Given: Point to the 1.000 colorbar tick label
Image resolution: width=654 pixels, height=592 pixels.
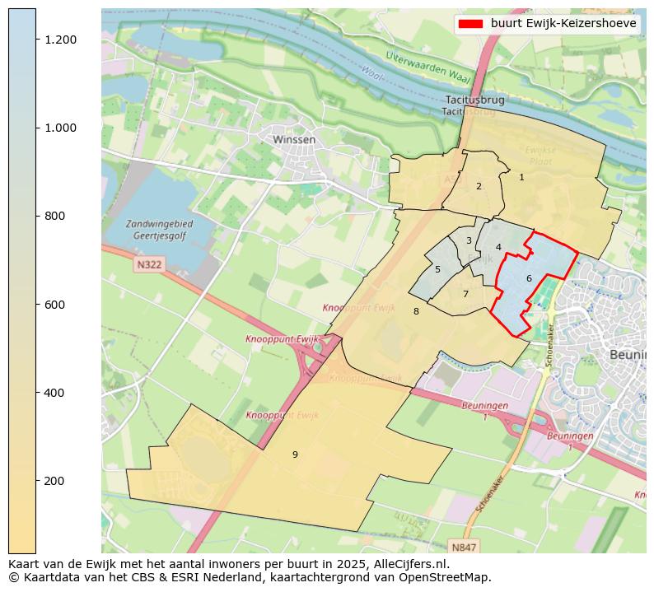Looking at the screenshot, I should pos(60,128).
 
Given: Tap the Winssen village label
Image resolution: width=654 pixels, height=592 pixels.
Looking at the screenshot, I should pos(294,140).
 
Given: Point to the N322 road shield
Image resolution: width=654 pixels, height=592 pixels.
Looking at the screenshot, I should pos(149,265).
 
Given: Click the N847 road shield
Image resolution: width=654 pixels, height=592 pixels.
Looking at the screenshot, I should pos(464,547).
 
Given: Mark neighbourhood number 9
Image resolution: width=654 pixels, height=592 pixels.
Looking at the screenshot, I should pos(295,454).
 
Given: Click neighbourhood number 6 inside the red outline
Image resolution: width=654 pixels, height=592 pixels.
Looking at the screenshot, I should pos(529,278).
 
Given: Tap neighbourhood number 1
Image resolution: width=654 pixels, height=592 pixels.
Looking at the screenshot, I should pos(521,177).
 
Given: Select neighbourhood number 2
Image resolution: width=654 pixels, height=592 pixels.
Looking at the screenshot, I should pos(479,186).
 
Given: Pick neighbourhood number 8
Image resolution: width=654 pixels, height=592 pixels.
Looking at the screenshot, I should pos(416,311).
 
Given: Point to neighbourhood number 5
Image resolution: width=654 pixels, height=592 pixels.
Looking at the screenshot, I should pos(437,269).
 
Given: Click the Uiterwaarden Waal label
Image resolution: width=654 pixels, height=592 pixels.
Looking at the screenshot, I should pos(427,67).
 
